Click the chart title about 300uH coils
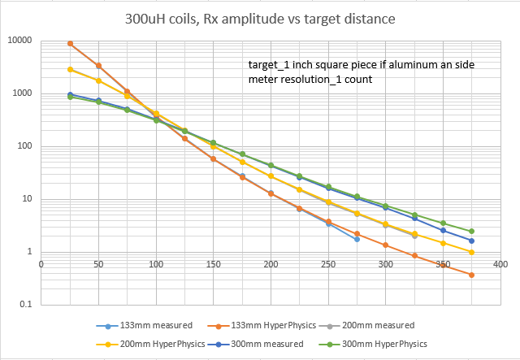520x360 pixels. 260,18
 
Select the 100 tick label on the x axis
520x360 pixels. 156,264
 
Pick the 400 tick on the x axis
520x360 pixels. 500,264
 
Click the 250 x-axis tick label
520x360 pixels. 328,264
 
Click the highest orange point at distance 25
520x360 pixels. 70,44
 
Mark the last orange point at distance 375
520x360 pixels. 471,275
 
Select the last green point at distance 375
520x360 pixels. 471,232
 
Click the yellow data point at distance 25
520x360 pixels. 70,70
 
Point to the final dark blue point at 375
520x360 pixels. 471,241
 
